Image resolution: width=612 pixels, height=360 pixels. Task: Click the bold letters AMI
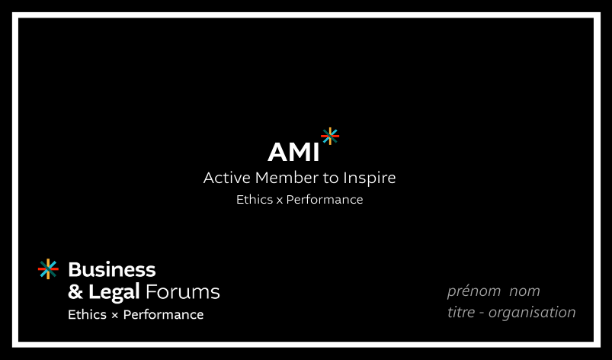tap(293, 152)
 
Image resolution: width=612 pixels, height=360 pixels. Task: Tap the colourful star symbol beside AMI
tap(330, 137)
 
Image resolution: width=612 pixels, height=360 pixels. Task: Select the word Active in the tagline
tap(227, 178)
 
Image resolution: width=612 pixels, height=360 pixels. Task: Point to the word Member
tap(287, 178)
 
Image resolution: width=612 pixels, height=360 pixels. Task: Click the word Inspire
tap(369, 178)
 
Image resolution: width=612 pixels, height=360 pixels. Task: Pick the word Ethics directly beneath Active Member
tap(255, 200)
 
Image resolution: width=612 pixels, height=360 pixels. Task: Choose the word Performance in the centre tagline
tap(325, 200)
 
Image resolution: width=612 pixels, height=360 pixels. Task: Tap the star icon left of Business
tap(48, 269)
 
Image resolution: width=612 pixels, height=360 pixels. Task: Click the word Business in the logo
tap(112, 269)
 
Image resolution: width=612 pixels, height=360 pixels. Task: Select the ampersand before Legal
tap(75, 291)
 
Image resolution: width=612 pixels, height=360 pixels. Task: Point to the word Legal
tap(114, 292)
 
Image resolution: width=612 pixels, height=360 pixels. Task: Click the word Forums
tap(182, 292)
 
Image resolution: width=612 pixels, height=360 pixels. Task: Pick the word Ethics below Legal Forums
tap(87, 315)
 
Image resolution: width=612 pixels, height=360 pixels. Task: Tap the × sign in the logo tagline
tap(114, 316)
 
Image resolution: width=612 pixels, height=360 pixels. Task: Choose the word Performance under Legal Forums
tap(163, 315)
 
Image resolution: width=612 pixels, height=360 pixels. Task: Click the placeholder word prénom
tap(474, 291)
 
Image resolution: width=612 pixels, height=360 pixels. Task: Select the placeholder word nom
tap(524, 291)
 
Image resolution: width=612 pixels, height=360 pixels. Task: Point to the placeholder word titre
tap(461, 313)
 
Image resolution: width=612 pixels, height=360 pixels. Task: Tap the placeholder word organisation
tap(532, 313)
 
